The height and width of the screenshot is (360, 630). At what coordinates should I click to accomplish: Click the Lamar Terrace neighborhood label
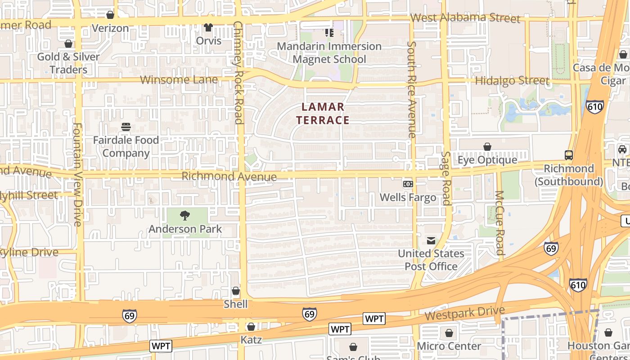tap(323, 113)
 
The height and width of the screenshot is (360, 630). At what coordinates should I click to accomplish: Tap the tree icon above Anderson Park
tap(184, 216)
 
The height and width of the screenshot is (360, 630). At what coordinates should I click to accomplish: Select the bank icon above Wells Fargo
tap(408, 184)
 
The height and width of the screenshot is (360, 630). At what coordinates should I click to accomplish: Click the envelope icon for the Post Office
tap(431, 240)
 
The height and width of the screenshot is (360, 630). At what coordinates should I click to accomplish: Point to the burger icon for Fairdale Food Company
tap(126, 127)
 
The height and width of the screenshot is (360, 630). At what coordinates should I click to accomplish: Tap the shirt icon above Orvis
tap(208, 27)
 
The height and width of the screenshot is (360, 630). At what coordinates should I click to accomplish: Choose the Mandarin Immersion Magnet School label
tap(329, 53)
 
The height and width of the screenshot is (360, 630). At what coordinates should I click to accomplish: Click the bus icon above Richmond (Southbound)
tap(569, 155)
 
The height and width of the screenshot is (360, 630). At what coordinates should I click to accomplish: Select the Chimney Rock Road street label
tap(238, 72)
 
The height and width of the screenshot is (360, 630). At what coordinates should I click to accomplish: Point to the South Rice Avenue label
tap(411, 90)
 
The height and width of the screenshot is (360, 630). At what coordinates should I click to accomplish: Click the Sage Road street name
tap(445, 178)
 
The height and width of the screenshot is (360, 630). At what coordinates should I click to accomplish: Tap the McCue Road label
tap(499, 223)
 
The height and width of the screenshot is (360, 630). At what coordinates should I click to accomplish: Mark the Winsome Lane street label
tap(179, 80)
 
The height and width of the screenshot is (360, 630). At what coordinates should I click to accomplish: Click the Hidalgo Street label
tap(512, 81)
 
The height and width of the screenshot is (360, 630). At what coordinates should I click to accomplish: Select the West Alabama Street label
tap(465, 18)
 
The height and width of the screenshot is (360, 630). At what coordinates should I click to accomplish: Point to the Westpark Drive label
tap(464, 314)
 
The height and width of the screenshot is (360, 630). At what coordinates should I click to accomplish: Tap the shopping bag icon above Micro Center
tap(449, 333)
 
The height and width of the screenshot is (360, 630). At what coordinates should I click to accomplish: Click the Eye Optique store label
tap(487, 160)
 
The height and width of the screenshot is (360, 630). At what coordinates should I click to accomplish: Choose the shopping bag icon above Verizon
tap(110, 15)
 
